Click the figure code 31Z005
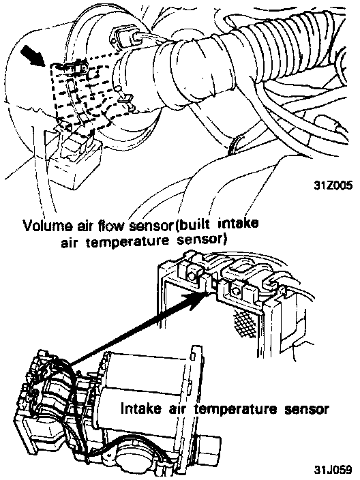click(333, 185)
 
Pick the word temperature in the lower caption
click(240, 410)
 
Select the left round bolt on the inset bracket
click(192, 276)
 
